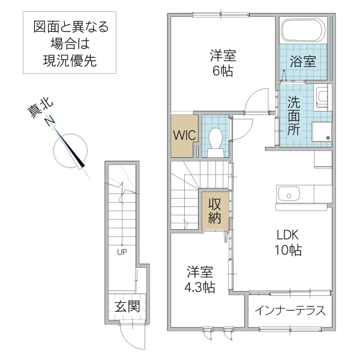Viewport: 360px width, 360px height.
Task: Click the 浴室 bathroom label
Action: [303, 61]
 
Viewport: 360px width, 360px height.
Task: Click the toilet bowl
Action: [215, 140]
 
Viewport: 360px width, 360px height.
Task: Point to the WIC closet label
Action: [184, 135]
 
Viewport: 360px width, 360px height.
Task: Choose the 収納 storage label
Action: [215, 209]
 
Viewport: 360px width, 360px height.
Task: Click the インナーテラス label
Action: [290, 310]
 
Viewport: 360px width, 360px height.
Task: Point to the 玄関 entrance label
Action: [127, 307]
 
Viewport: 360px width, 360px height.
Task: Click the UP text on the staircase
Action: [122, 252]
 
